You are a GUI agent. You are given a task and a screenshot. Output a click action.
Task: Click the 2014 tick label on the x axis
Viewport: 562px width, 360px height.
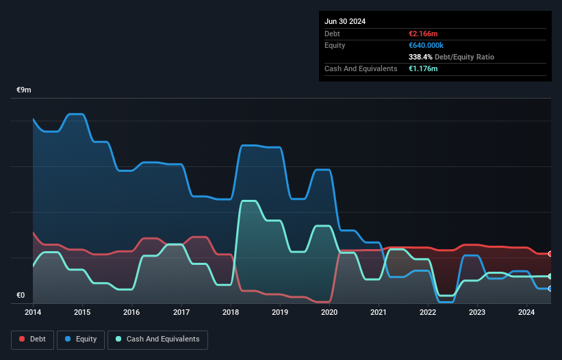point(33,313)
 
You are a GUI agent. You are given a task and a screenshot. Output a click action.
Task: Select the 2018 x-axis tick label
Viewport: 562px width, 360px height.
point(231,313)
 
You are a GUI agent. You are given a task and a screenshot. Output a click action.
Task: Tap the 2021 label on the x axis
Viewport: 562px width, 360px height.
point(379,313)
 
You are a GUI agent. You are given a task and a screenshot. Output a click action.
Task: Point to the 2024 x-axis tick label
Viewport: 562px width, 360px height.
point(526,313)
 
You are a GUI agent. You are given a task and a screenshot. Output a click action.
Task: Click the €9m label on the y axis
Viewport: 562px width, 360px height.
point(24,90)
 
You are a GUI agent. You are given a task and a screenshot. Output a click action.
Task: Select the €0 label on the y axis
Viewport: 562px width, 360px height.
point(21,296)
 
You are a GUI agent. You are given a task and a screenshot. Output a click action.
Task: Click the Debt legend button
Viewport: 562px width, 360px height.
point(31,339)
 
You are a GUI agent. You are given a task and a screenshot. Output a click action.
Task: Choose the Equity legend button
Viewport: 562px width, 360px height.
point(81,339)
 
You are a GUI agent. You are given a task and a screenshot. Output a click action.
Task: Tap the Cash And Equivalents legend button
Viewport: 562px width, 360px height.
point(157,339)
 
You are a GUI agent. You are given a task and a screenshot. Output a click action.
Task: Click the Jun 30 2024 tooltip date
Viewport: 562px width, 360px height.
point(345,21)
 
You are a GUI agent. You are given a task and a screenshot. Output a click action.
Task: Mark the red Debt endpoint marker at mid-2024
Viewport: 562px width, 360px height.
point(550,254)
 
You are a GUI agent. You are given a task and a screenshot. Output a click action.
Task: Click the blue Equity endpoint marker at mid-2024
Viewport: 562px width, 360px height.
point(550,289)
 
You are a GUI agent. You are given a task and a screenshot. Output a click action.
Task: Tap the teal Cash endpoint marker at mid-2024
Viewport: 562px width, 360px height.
point(550,277)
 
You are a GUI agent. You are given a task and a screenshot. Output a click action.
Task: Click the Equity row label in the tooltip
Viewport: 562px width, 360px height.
point(335,45)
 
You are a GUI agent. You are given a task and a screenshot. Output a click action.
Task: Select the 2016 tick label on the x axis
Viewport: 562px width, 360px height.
point(131,313)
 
